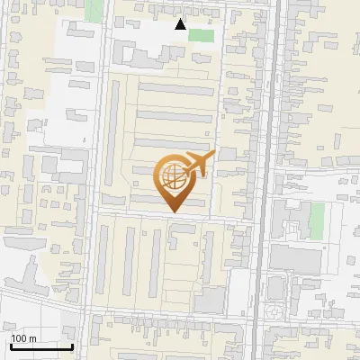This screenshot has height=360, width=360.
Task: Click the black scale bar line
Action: click(41, 346)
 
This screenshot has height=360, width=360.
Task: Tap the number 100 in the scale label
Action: click(20, 338)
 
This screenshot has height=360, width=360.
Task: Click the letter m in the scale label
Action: click(32, 338)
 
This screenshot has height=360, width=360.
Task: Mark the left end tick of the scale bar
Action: click(11, 345)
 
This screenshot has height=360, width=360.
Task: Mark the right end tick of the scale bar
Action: click(72, 345)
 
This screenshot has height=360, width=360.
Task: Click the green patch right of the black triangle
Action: click(202, 35)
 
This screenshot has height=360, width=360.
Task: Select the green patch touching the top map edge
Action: click(94, 10)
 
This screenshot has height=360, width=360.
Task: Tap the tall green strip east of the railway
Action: click(316, 220)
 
